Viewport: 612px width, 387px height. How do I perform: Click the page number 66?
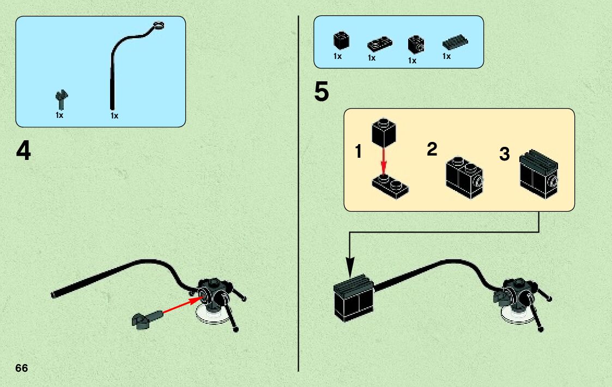tap(22, 368)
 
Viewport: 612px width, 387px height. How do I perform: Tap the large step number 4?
tap(23, 151)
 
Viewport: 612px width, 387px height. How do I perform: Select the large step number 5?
tap(322, 93)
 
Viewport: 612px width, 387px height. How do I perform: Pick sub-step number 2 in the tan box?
tap(432, 150)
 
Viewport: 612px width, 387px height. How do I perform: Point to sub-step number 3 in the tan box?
tap(505, 154)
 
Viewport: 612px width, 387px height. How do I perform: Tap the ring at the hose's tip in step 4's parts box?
tap(158, 24)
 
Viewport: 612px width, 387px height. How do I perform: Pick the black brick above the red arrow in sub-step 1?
tap(384, 132)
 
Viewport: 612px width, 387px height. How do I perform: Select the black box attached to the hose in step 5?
tap(354, 299)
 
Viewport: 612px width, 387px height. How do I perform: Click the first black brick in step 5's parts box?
tap(341, 41)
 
